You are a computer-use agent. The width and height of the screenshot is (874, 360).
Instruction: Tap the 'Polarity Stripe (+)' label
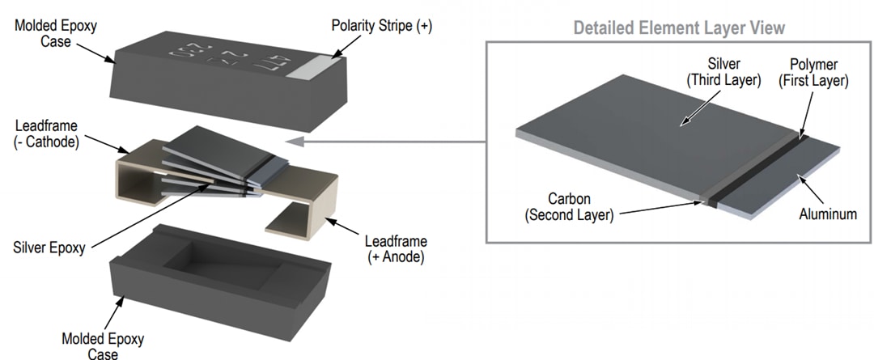(x=382, y=26)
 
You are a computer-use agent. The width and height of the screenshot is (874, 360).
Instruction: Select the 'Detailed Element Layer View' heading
(x=679, y=28)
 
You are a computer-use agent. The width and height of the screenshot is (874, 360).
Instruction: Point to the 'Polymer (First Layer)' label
(x=816, y=73)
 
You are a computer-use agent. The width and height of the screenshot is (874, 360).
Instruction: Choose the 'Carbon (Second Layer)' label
(x=568, y=207)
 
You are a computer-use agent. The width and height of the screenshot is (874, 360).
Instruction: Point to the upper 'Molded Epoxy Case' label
(x=56, y=33)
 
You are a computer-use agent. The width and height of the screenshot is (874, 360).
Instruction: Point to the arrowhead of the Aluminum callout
(x=799, y=174)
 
